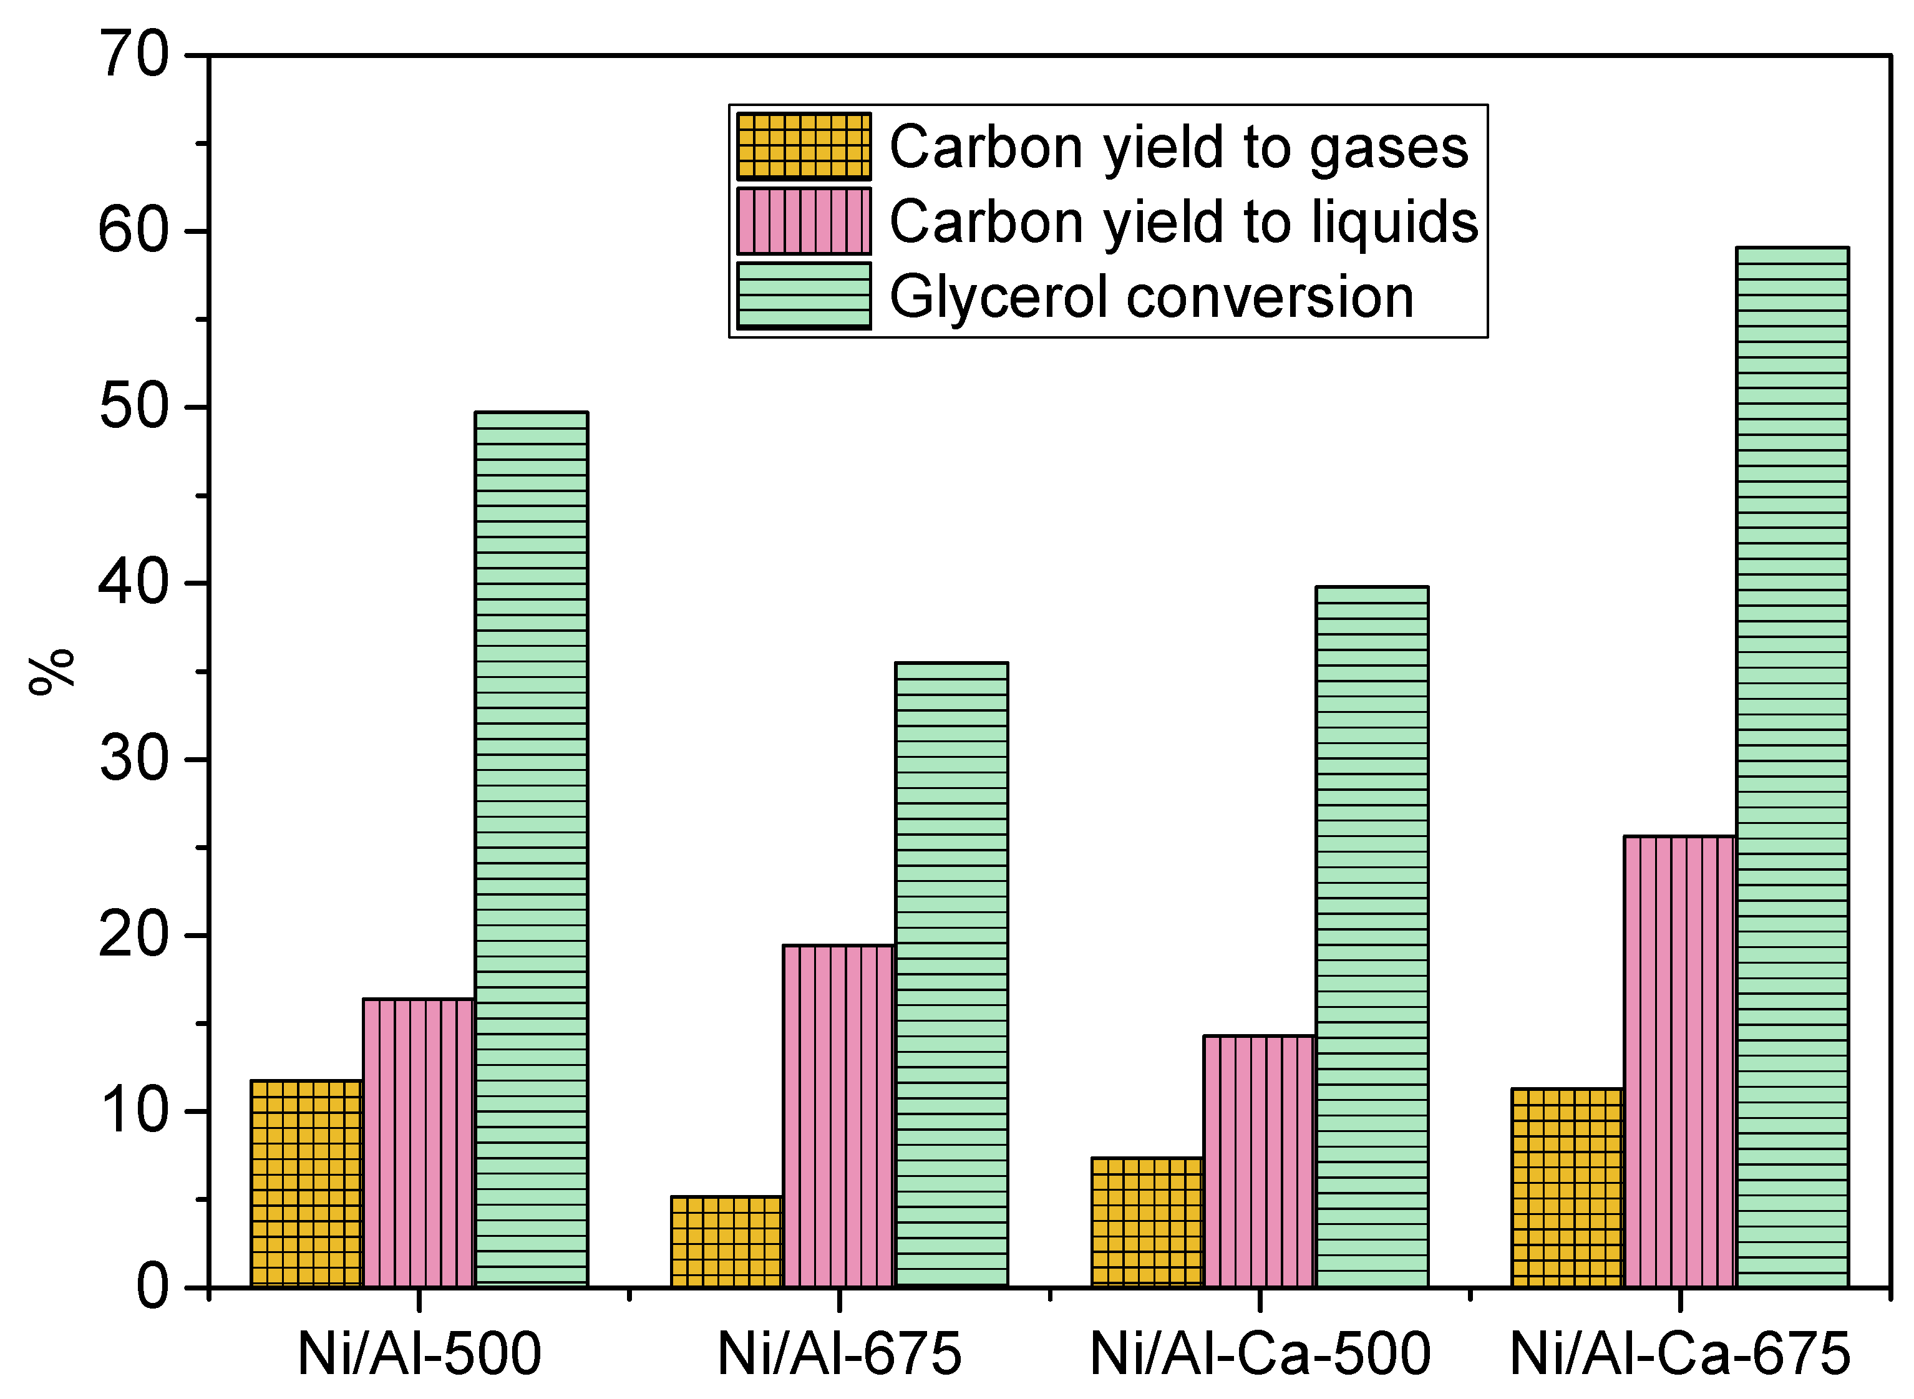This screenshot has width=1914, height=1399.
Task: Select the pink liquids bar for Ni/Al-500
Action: [419, 1143]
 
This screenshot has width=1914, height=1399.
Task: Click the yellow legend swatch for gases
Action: [804, 147]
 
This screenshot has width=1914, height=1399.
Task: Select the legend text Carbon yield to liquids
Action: [1183, 222]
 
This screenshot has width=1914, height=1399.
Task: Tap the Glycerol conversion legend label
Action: [1152, 298]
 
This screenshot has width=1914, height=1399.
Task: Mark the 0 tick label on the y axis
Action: [152, 1287]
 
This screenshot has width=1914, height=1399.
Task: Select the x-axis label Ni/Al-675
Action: [839, 1353]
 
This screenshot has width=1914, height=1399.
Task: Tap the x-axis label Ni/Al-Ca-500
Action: [1260, 1353]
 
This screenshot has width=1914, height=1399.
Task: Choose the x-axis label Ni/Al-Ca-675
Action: [1679, 1353]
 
